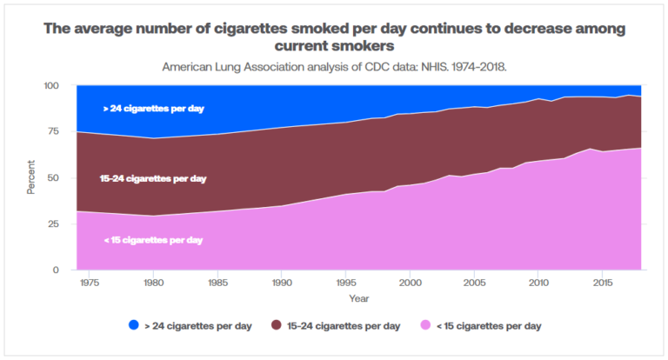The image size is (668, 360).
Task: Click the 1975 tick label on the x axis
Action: (x=90, y=283)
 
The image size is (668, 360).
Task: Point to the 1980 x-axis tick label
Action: (x=153, y=283)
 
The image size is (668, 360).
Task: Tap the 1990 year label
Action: (x=282, y=283)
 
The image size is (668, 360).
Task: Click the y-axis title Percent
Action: (x=31, y=178)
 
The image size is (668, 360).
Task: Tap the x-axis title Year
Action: (x=359, y=298)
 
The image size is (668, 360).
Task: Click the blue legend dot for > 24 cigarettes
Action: (x=133, y=326)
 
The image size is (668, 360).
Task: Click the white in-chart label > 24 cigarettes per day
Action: (x=154, y=109)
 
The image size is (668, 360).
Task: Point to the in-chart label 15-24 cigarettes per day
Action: (x=153, y=178)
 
